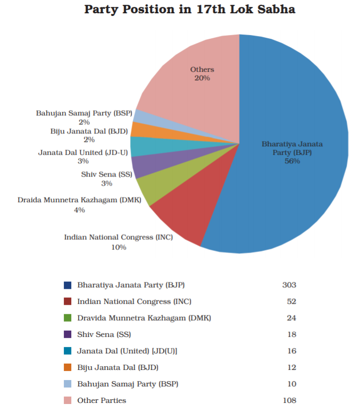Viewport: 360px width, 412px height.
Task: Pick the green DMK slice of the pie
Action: (155, 189)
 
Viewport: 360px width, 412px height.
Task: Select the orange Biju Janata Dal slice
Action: (140, 129)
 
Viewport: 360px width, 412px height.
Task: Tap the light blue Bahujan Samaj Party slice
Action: (140, 116)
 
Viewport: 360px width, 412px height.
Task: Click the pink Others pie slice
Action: (197, 85)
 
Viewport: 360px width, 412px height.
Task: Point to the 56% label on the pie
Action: (292, 161)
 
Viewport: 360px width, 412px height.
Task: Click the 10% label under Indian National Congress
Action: (119, 247)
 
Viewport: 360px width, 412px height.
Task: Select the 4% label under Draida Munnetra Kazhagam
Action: (79, 210)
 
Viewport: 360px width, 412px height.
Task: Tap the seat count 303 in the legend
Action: (289, 285)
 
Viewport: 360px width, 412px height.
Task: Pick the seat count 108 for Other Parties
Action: (289, 400)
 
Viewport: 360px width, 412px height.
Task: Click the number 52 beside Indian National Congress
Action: (291, 301)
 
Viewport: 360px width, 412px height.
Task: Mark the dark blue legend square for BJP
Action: (67, 285)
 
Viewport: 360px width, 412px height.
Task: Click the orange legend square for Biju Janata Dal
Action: (67, 367)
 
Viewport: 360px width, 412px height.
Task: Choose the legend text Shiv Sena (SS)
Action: (104, 334)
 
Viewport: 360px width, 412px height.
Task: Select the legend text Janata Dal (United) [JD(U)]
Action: (127, 351)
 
